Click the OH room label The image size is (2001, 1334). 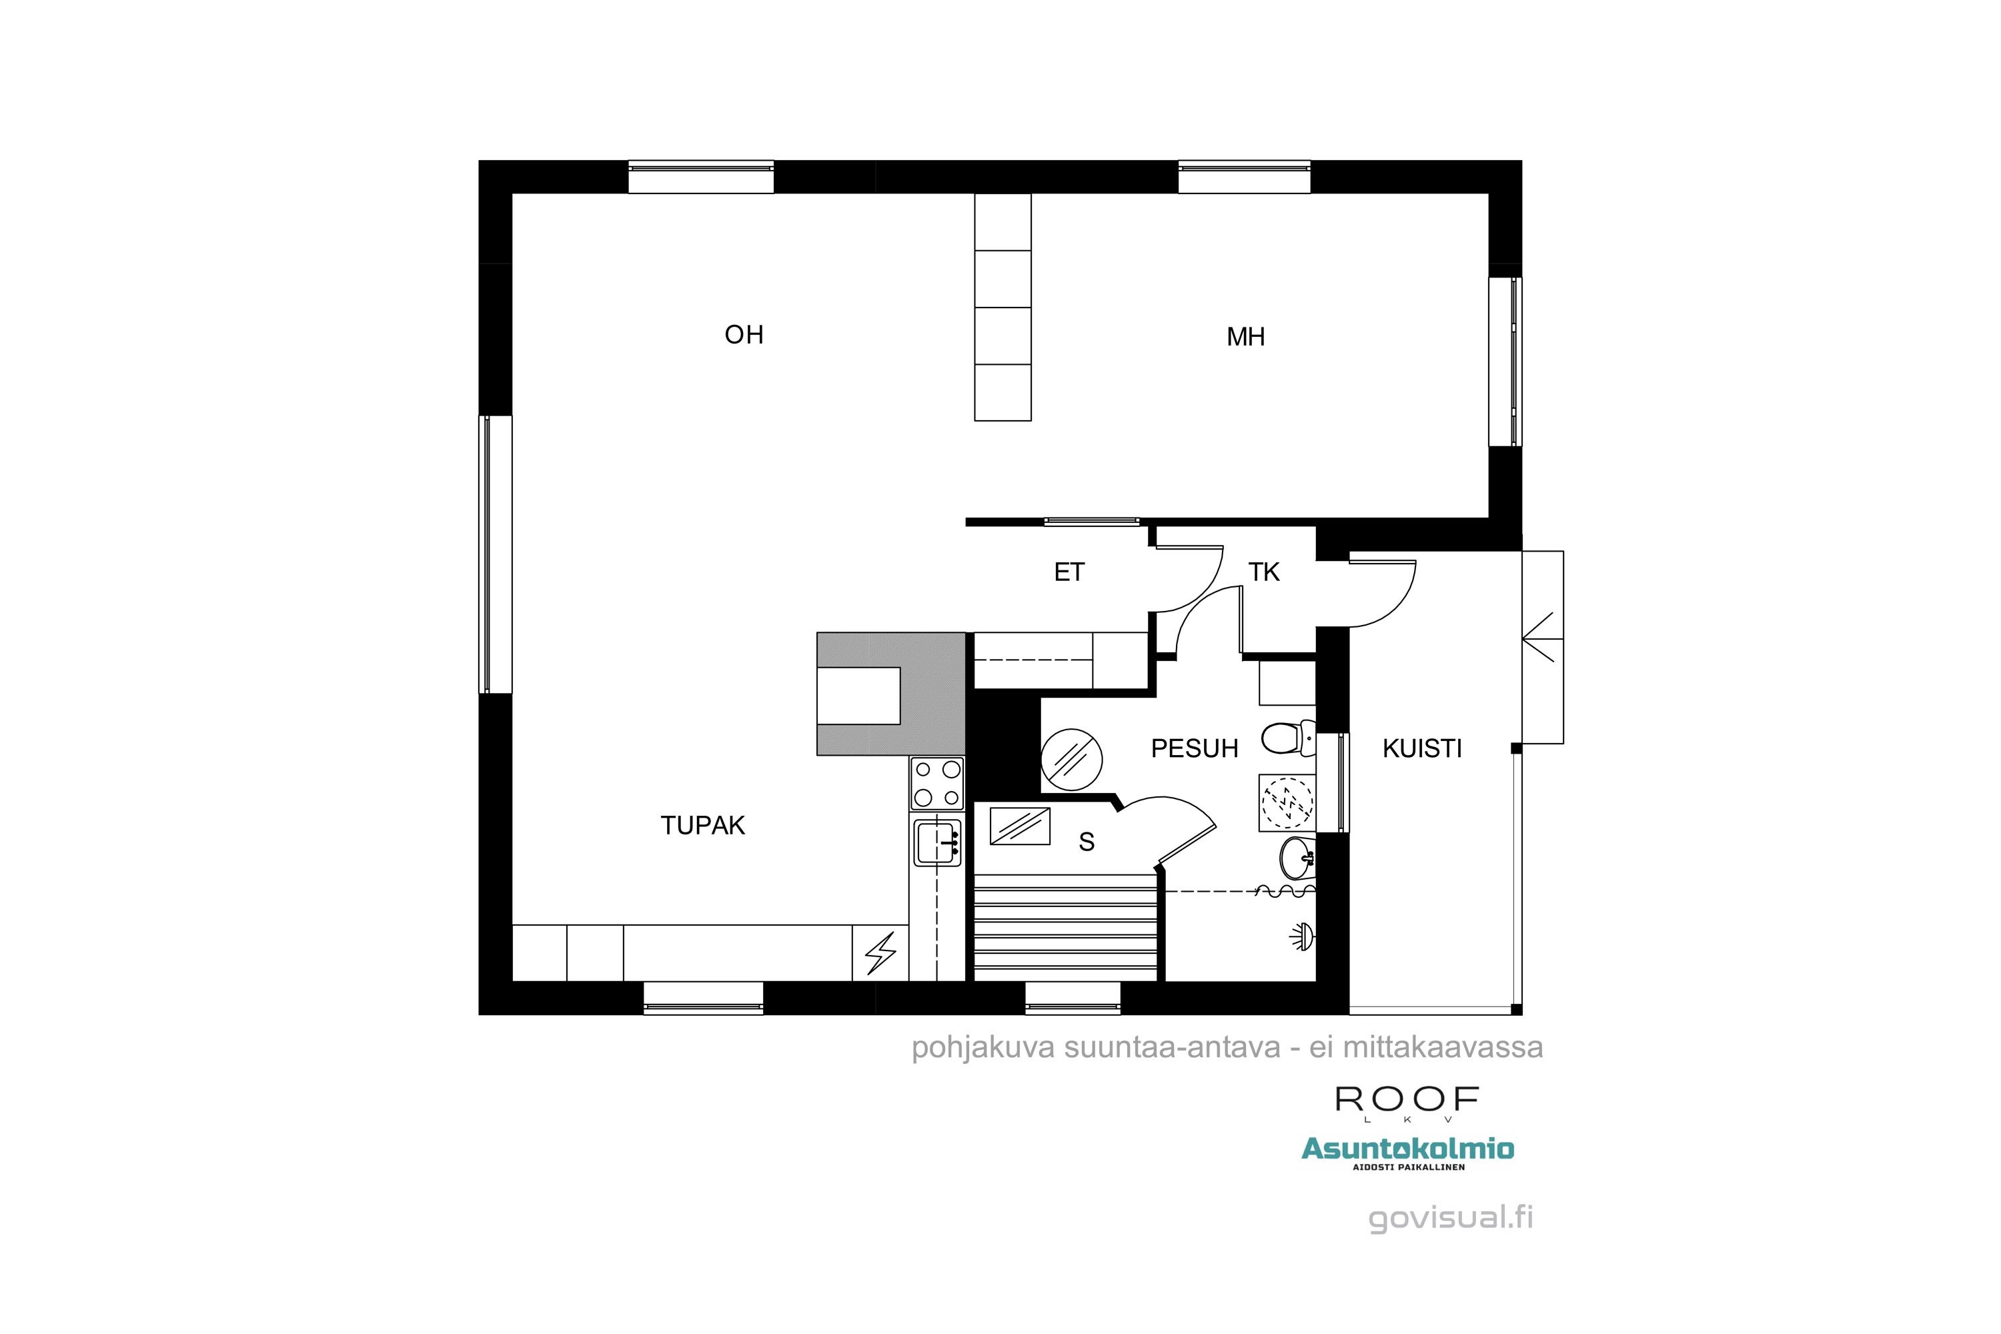pos(744,334)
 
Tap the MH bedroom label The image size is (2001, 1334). pos(1245,337)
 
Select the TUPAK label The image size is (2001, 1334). pos(703,825)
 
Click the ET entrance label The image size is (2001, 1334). pos(1069,572)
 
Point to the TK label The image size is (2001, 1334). pos(1263,572)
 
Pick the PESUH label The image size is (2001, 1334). pos(1194,748)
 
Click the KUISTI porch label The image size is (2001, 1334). pos(1421,748)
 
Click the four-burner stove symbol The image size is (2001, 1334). pos(936,782)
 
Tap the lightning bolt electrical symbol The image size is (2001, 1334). pos(880,954)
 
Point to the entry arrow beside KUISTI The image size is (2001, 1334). pos(1541,637)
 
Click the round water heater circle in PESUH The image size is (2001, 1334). pos(1072,759)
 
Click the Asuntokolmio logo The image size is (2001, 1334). pos(1407,1149)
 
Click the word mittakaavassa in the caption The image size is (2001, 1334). pos(1442,1047)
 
